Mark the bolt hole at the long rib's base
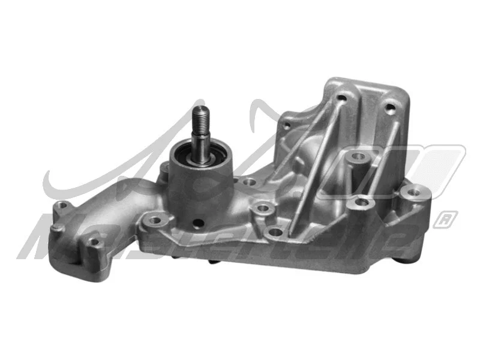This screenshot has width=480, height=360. (x=275, y=231)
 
